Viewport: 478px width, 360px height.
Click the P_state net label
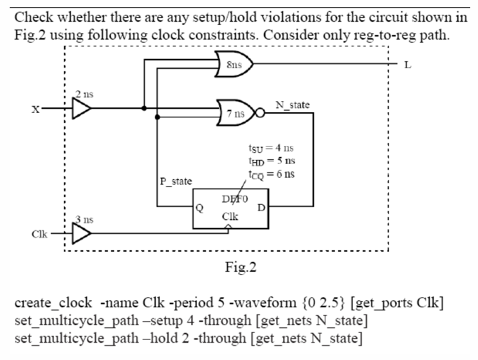coord(176,181)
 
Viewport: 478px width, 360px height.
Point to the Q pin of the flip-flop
coord(200,208)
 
